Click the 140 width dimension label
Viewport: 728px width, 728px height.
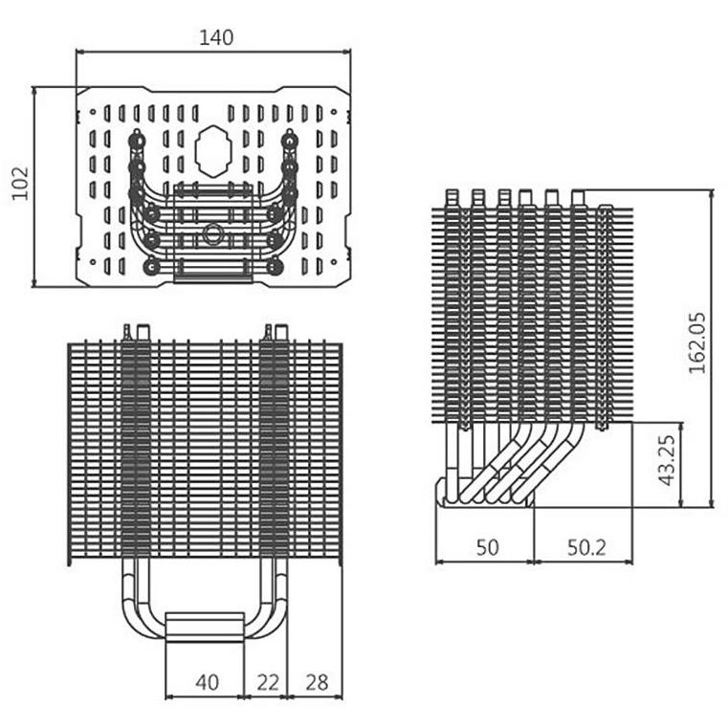click(216, 37)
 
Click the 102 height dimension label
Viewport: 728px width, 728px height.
click(21, 184)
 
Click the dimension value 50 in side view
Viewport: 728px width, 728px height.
click(488, 547)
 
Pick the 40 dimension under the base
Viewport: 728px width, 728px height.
click(207, 682)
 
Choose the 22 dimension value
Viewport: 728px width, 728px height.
click(269, 682)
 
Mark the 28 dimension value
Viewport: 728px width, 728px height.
click(317, 682)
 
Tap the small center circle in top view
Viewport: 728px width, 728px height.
click(210, 232)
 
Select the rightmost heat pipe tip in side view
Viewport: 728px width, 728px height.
click(577, 196)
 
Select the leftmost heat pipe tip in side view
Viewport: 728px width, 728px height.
click(452, 196)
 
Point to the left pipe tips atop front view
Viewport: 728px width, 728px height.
click(135, 331)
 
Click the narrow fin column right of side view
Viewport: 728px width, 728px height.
click(604, 316)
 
